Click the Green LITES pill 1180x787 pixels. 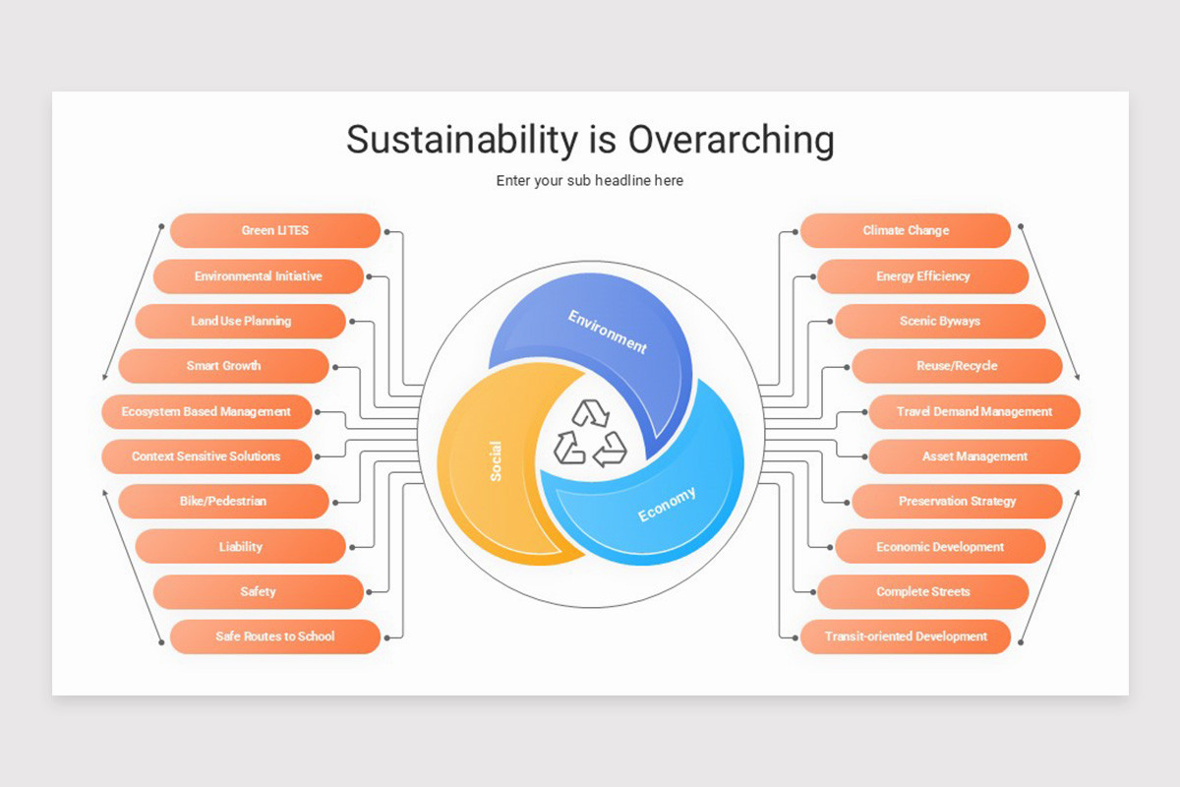(x=275, y=231)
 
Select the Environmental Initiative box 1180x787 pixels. (x=258, y=276)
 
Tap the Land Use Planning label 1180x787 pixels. (x=241, y=322)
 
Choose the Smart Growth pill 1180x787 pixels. (x=224, y=366)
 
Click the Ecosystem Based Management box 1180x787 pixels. (x=206, y=412)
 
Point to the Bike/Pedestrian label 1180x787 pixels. (x=223, y=502)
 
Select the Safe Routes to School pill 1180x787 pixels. (x=275, y=636)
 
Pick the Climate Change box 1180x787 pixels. (x=906, y=231)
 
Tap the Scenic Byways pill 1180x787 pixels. (x=940, y=322)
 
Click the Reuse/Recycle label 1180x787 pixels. (x=957, y=366)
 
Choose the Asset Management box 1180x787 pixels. (x=974, y=456)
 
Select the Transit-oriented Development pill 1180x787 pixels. (x=906, y=636)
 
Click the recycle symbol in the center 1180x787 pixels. (x=590, y=433)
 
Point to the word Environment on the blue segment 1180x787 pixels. (x=608, y=332)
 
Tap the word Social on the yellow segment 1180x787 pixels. (x=496, y=460)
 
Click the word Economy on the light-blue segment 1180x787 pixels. (x=667, y=505)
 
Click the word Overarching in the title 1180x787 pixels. (x=731, y=140)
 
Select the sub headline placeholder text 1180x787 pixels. (x=590, y=181)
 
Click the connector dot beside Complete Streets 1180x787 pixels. (x=812, y=592)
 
